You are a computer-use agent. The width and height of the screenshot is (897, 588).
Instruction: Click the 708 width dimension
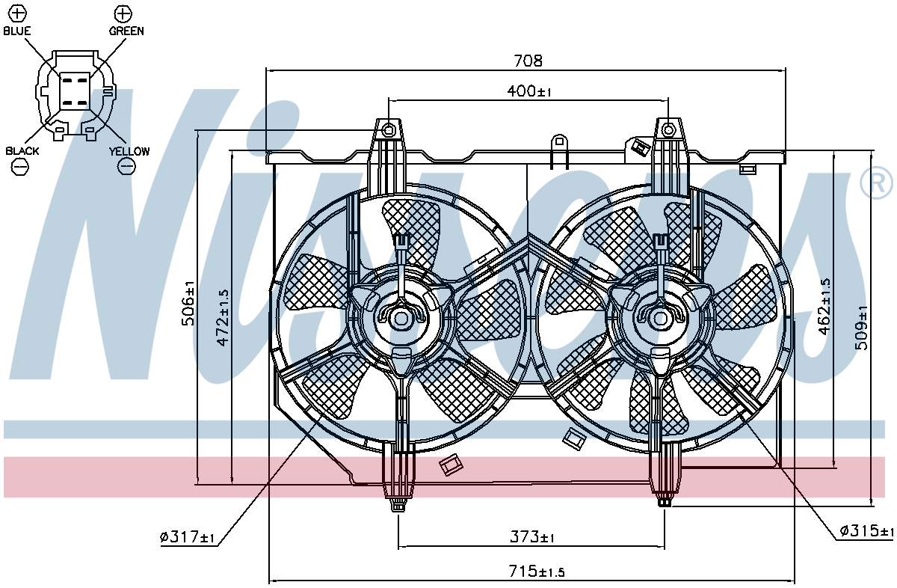tap(528, 61)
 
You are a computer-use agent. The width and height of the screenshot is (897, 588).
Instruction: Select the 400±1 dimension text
tap(529, 91)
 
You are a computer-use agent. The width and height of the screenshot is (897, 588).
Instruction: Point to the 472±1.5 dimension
tap(223, 317)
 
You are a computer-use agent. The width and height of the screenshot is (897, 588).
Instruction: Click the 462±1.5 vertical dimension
tap(824, 307)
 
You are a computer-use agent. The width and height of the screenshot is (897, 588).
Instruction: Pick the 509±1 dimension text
tap(861, 328)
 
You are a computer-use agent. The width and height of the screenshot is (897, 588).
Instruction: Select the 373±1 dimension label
tap(532, 536)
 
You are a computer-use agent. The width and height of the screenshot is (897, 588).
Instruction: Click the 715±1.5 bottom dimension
tap(537, 571)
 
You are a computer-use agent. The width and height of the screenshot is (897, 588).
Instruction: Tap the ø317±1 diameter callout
tap(188, 536)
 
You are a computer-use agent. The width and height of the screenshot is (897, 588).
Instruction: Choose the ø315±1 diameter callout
tap(866, 531)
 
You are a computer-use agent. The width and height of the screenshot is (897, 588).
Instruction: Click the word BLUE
tap(16, 31)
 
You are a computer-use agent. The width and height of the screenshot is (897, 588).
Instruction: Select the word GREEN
tap(126, 31)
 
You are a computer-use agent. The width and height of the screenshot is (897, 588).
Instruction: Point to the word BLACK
tap(22, 151)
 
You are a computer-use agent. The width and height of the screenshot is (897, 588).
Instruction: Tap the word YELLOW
tap(129, 151)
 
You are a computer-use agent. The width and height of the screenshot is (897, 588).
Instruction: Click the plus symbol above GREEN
tap(123, 14)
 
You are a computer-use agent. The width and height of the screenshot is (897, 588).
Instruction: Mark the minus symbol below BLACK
tap(19, 166)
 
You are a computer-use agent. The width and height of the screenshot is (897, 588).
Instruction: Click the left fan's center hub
tap(401, 319)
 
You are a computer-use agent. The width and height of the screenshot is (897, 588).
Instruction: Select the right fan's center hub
tap(661, 319)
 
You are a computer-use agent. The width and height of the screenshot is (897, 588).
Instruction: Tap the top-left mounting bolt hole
tap(388, 130)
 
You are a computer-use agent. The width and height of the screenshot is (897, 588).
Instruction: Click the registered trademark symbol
tap(876, 183)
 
